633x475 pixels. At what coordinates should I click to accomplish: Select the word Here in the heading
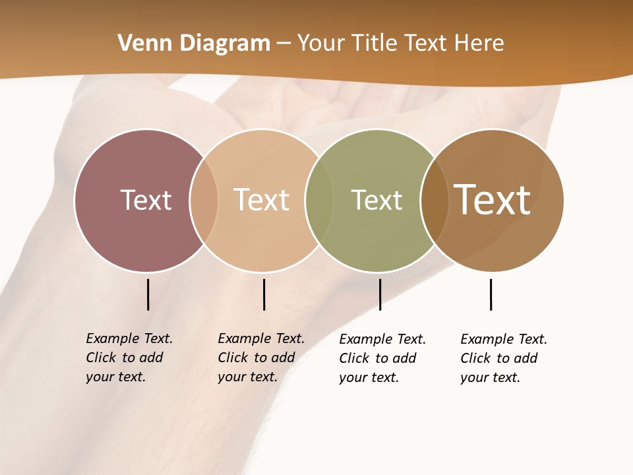pos(479,44)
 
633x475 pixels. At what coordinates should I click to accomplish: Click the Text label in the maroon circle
pos(146,200)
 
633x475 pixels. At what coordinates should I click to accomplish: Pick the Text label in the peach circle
pos(262,200)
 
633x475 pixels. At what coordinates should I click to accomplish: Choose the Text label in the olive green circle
pos(377,200)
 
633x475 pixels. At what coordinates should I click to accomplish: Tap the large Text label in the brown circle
pos(493,200)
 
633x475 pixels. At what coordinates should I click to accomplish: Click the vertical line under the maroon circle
pos(148,294)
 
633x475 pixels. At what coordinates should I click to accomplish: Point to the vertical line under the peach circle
pos(264,294)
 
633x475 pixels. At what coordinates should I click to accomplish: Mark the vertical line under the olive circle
pos(380,294)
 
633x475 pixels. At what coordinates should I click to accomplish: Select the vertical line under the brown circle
pos(491,294)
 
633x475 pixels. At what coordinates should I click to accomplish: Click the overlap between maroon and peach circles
pos(204,200)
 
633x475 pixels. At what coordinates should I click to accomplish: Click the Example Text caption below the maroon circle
pos(129,358)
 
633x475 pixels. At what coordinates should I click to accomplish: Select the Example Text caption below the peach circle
pos(261,358)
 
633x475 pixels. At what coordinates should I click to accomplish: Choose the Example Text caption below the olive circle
pos(382,358)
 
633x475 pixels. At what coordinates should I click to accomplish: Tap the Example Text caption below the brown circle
pos(504,358)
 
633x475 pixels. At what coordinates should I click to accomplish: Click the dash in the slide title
pos(284,44)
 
